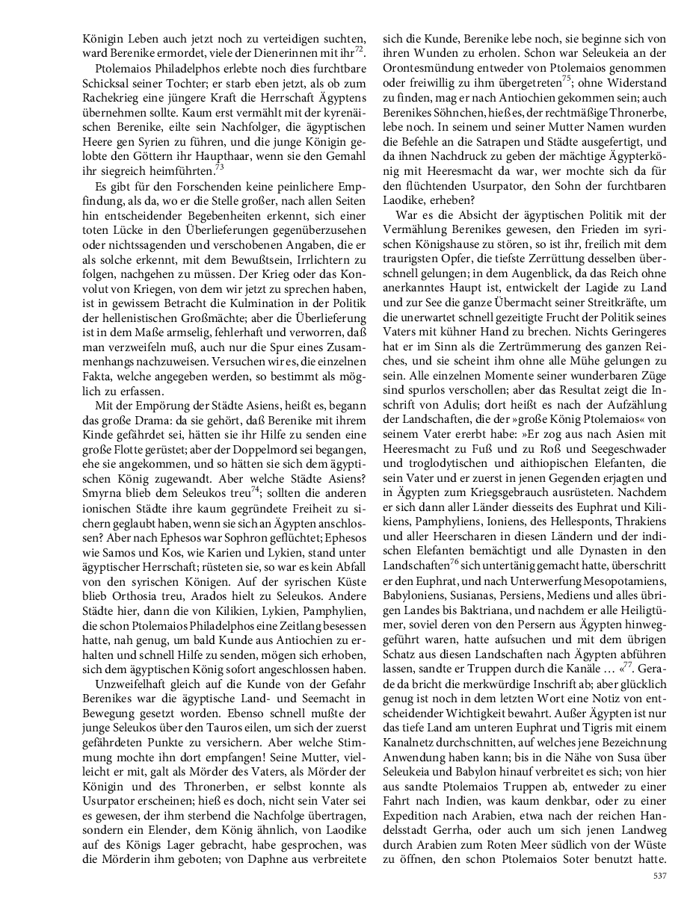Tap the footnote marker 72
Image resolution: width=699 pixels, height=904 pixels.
click(360, 49)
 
